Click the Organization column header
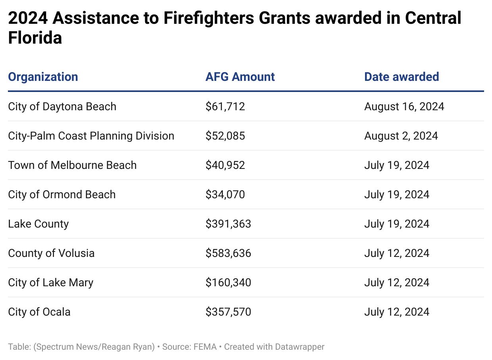(43, 77)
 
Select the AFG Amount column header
(240, 77)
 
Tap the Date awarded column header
(402, 77)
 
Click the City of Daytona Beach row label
(62, 107)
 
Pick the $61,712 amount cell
(225, 107)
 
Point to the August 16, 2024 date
(404, 107)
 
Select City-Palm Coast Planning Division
(91, 136)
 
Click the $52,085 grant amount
(225, 136)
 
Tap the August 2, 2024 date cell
(401, 136)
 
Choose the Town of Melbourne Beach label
(72, 165)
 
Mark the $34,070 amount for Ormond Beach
(225, 195)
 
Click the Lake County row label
(38, 224)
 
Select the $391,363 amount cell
(228, 224)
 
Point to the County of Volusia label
(51, 253)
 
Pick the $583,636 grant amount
(228, 253)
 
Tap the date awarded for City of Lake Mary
(396, 283)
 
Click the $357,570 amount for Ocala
(228, 312)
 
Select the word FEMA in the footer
(205, 347)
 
